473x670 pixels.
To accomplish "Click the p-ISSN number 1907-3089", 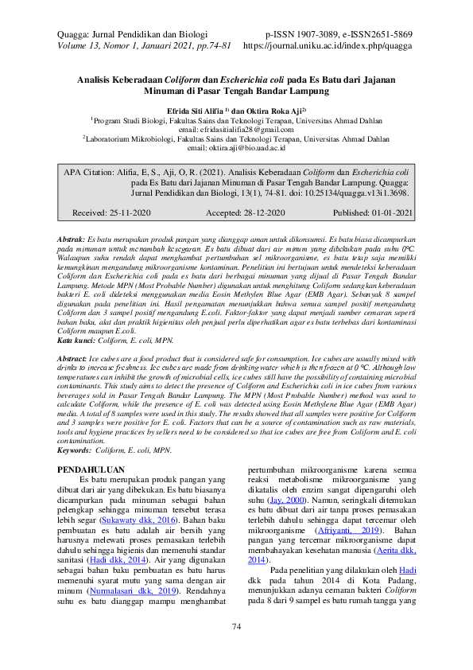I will click(x=324, y=35).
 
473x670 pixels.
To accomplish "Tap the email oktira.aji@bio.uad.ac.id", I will click(x=236, y=147).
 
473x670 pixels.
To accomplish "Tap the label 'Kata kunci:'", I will click(x=83, y=340).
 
